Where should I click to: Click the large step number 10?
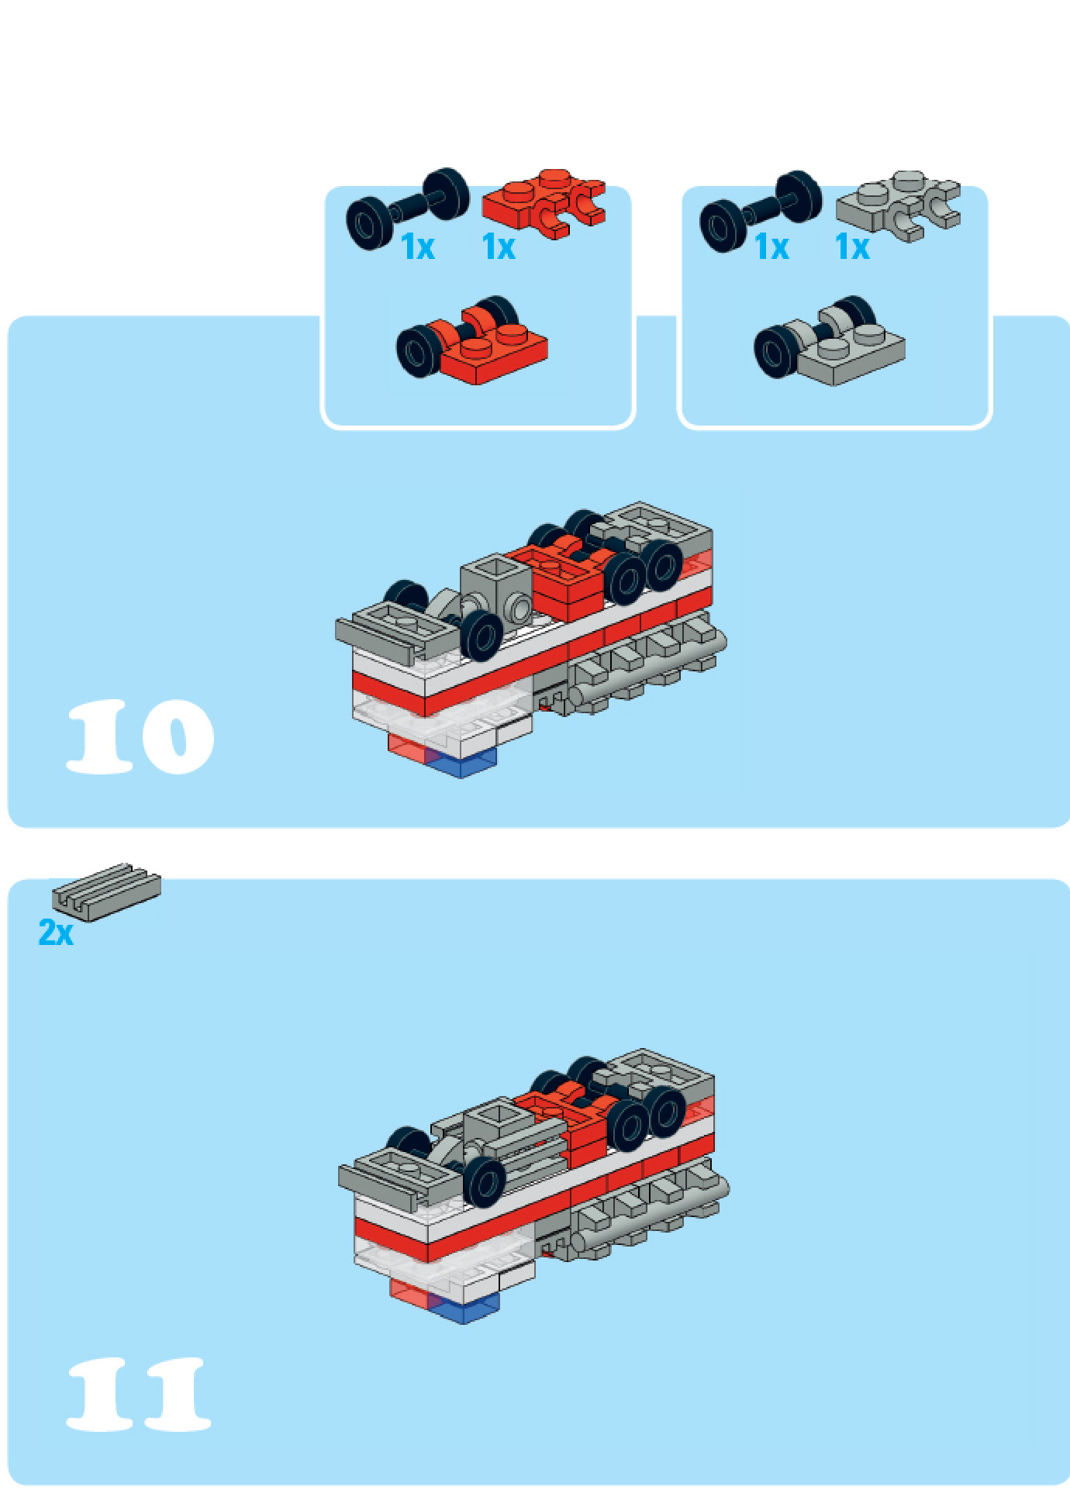[x=140, y=736]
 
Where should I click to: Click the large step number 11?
[x=139, y=1394]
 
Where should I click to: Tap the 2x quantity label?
[x=56, y=933]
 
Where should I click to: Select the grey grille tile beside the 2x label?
[x=106, y=892]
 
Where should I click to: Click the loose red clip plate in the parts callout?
[x=544, y=203]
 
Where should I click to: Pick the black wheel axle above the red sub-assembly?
[x=407, y=208]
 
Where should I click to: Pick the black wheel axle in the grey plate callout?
[x=761, y=210]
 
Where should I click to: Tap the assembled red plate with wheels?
[x=472, y=340]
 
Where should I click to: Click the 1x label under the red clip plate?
[x=499, y=247]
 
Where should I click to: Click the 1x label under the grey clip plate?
[x=852, y=247]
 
